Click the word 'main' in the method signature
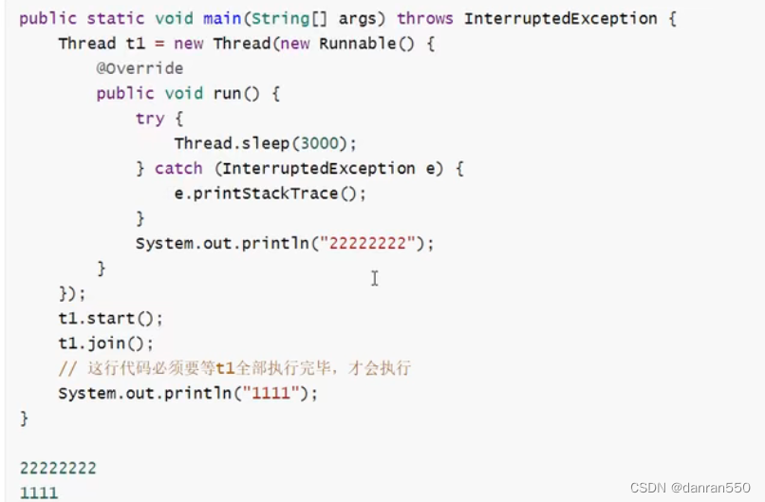click(222, 18)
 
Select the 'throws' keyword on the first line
click(424, 18)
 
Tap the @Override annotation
click(140, 68)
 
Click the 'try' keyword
click(150, 119)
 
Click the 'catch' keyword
click(178, 168)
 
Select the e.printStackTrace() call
click(270, 193)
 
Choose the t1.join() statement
click(105, 343)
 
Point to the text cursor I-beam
click(375, 278)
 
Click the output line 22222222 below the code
click(58, 468)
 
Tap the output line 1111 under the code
click(39, 493)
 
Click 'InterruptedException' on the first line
click(561, 18)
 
